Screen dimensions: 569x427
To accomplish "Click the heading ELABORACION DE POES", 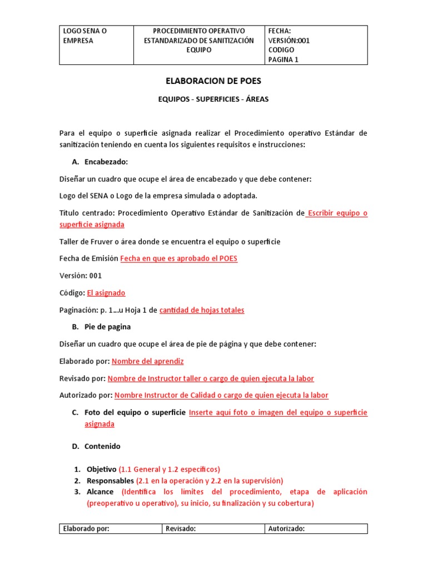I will click(x=213, y=81).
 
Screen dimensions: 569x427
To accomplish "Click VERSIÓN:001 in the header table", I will click(x=289, y=41).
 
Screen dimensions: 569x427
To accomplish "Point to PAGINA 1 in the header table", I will click(x=283, y=60).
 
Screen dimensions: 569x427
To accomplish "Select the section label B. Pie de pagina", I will click(x=107, y=327).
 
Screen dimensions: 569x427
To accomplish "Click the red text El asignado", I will click(x=106, y=293).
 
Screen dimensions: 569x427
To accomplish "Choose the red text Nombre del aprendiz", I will click(x=147, y=361).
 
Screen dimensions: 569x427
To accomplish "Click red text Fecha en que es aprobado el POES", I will click(x=178, y=259).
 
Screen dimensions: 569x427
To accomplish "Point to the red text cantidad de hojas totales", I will click(x=201, y=310).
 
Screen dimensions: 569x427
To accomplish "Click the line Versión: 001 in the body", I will click(x=81, y=276).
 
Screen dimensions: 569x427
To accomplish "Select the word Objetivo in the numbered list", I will click(x=101, y=469).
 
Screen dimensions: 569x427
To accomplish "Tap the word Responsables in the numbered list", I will click(x=110, y=481).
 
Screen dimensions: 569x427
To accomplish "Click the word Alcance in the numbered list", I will click(x=100, y=492).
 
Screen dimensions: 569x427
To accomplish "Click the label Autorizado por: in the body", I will click(x=86, y=396).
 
